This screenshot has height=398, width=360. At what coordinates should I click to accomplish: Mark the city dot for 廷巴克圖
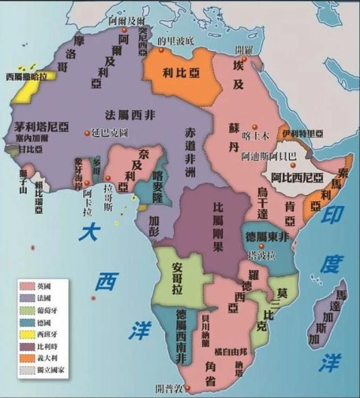[87, 133]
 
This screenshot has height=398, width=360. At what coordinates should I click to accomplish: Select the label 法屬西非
[131, 116]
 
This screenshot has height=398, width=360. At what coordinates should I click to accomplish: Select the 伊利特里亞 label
[304, 133]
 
